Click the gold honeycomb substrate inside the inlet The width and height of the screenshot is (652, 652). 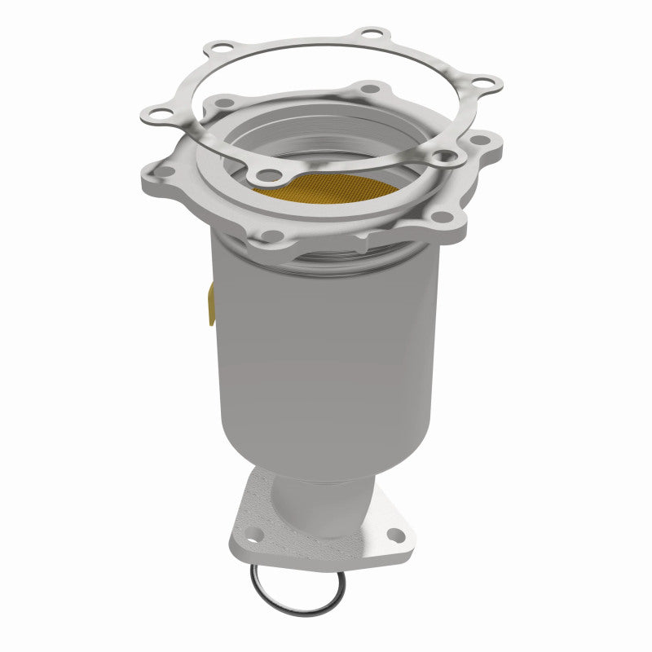[x=326, y=189]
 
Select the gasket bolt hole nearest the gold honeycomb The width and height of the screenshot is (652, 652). [x=266, y=174]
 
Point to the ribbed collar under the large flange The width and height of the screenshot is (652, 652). [x=326, y=261]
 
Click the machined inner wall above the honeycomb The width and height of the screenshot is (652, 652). [x=342, y=143]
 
